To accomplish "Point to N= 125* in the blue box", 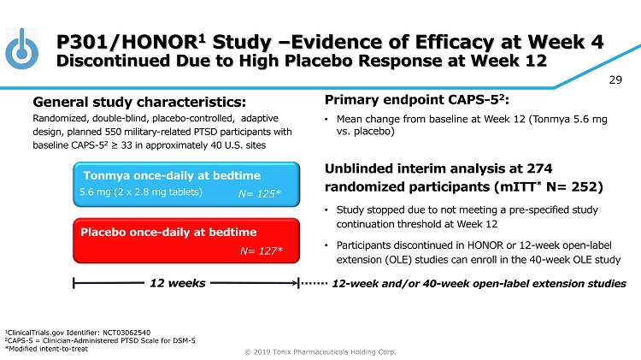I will [x=261, y=194].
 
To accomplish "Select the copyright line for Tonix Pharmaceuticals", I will [x=320, y=351].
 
